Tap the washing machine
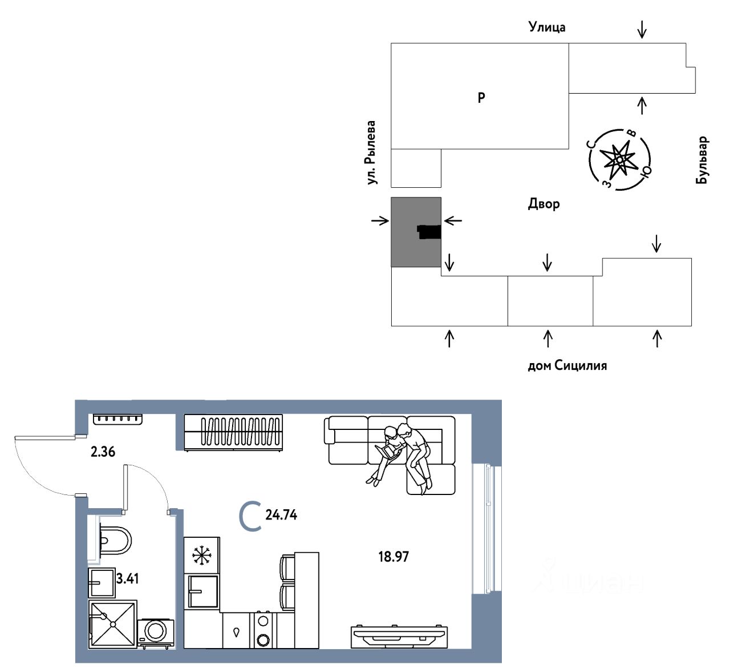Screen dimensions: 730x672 point(155,631)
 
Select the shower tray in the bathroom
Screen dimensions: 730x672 point(113,624)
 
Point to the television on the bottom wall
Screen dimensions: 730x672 point(399,635)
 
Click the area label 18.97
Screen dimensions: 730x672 point(394,556)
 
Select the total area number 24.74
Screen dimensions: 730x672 point(281,514)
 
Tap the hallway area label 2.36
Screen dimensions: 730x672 point(103,452)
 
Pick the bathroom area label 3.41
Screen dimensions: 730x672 point(127,578)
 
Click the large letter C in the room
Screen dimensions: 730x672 point(250,516)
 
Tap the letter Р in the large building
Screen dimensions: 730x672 point(481,98)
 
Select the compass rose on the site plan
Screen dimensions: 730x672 point(619,159)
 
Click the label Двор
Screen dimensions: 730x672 point(544,204)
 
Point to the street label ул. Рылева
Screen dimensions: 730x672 point(371,152)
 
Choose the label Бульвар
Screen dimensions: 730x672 point(701,160)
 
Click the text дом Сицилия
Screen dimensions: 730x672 point(567,365)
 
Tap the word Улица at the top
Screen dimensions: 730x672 point(547,27)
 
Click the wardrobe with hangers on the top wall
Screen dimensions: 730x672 point(233,432)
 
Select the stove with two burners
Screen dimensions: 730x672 point(263,630)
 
